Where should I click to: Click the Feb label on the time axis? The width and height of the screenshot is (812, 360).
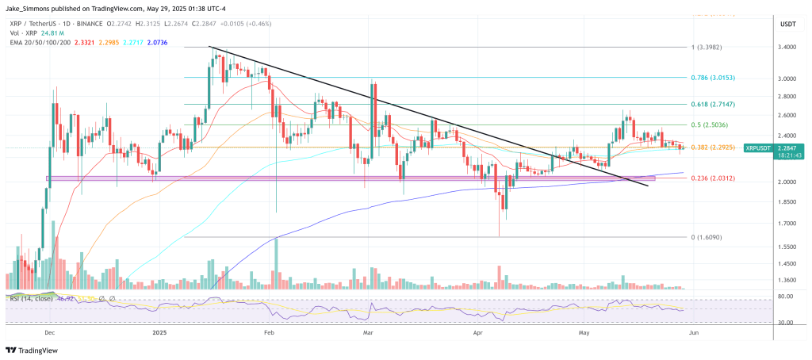[x=267, y=335]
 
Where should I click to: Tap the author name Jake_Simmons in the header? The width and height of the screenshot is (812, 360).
[x=29, y=7]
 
